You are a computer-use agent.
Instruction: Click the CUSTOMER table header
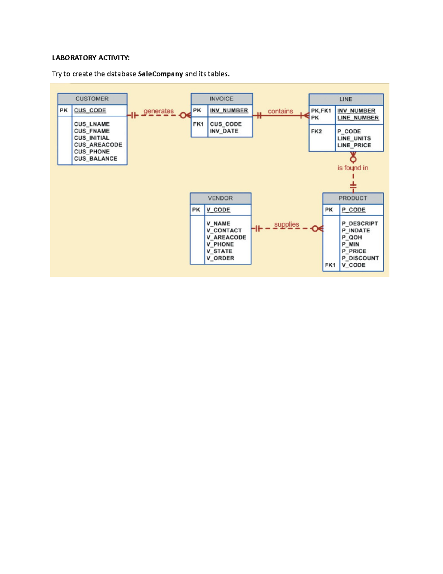click(92, 99)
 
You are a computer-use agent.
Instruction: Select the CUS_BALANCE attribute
click(95, 159)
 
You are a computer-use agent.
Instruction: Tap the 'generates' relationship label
click(158, 111)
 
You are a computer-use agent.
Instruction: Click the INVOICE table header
click(221, 99)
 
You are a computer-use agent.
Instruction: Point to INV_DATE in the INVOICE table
click(224, 131)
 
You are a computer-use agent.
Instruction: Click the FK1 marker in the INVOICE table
click(198, 124)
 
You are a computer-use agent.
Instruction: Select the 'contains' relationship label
click(280, 111)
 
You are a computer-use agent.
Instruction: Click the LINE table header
click(346, 99)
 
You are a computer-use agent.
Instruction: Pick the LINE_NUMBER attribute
click(358, 118)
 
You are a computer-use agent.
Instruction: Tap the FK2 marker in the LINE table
click(316, 131)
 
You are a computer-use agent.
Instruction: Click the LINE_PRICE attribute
click(354, 145)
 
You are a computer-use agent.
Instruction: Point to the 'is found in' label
click(353, 168)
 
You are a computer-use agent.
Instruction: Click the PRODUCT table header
click(353, 198)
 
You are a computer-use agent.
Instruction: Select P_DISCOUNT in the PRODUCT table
click(360, 258)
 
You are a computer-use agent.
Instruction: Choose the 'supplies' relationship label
click(286, 224)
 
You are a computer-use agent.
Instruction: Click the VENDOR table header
click(220, 198)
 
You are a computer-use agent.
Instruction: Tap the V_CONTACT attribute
click(224, 230)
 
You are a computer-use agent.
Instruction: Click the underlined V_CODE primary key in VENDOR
click(218, 210)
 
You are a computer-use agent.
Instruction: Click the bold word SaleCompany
click(160, 74)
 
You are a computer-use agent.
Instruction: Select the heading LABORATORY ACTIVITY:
click(91, 58)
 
